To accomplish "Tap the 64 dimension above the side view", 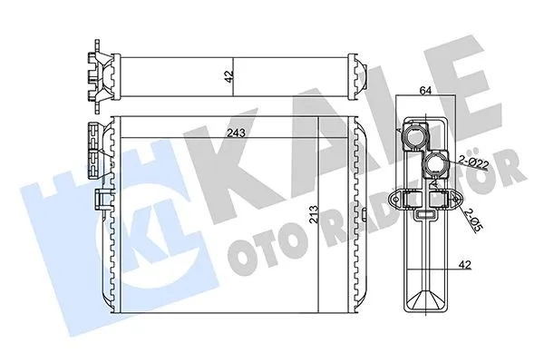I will click(424, 90).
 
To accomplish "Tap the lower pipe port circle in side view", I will click(438, 166).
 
